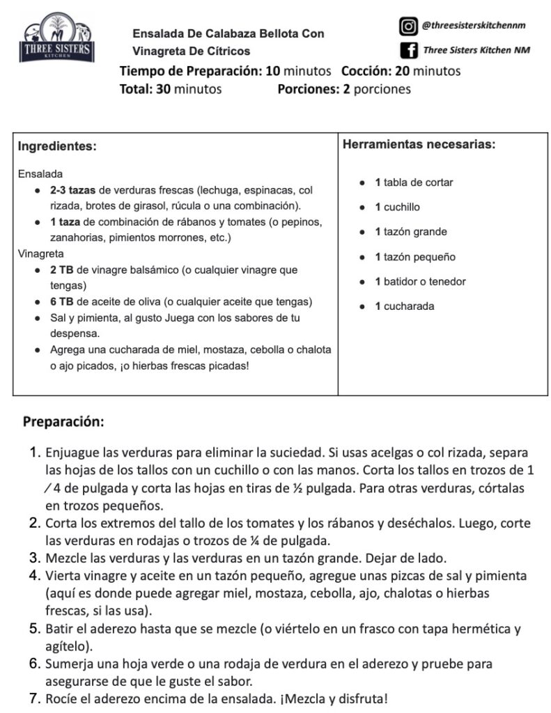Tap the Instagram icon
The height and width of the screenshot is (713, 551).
click(x=408, y=26)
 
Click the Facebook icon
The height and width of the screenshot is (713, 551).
click(x=408, y=50)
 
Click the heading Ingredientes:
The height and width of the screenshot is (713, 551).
click(x=57, y=146)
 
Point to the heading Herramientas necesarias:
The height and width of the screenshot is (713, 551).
click(x=419, y=145)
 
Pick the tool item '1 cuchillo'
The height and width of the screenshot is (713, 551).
click(x=397, y=207)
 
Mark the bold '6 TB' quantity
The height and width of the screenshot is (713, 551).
click(x=62, y=301)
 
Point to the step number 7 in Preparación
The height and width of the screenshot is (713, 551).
click(x=35, y=698)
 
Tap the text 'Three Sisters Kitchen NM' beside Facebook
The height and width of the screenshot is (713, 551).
click(x=476, y=50)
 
